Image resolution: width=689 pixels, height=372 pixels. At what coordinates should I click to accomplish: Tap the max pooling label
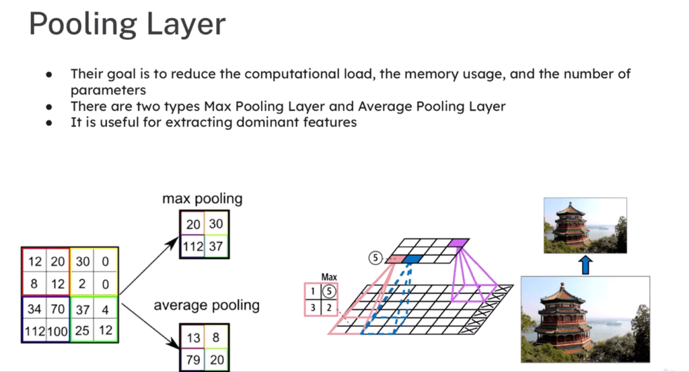[x=202, y=199]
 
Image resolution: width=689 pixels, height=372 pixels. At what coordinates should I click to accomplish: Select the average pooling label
[x=207, y=305]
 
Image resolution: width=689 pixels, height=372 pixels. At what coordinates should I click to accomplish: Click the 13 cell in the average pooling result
[x=192, y=336]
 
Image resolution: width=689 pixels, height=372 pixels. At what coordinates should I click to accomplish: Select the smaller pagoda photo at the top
[x=585, y=225]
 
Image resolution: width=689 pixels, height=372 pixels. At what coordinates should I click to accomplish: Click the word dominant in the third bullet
[x=248, y=123]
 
